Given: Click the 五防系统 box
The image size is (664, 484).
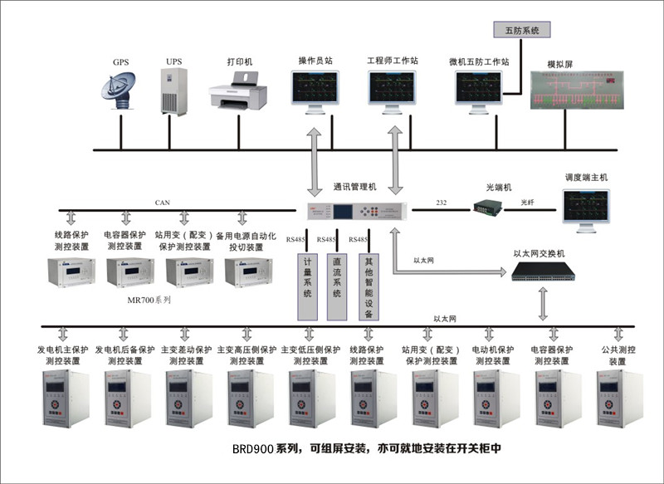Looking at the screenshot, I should point(521,30).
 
